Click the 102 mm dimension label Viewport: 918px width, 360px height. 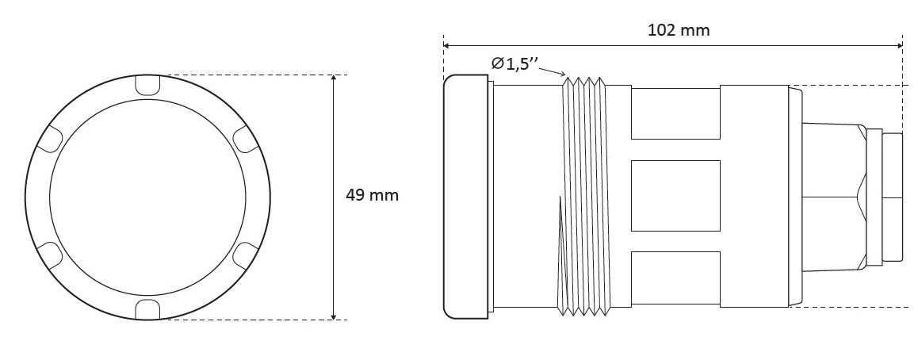point(679,30)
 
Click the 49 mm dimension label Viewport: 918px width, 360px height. point(372,195)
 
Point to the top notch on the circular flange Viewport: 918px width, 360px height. point(147,84)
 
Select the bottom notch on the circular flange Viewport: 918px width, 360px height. point(147,310)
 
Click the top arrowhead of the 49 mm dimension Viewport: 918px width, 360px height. point(334,79)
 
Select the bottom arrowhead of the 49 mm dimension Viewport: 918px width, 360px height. point(334,316)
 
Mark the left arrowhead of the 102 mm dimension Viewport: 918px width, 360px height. point(446,45)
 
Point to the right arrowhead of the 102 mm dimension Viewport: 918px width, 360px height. point(899,45)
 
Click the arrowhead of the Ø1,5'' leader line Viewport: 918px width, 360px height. point(562,75)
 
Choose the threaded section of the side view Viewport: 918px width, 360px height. point(583,196)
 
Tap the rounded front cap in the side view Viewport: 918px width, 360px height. point(466,197)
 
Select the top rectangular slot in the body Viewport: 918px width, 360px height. point(675,113)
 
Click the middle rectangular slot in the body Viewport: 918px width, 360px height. point(675,196)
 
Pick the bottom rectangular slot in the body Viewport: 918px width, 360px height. point(675,278)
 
